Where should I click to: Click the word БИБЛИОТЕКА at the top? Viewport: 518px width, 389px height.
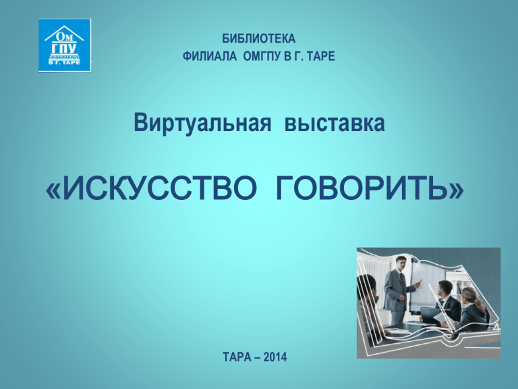[x=259, y=38]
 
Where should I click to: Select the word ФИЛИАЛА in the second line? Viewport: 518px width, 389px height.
[x=210, y=56]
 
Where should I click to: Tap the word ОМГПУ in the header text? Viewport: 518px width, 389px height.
[x=263, y=56]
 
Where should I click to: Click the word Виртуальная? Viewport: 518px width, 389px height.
[x=202, y=123]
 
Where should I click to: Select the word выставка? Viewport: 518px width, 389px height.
[x=335, y=123]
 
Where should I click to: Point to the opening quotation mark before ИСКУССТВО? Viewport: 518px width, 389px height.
[x=53, y=191]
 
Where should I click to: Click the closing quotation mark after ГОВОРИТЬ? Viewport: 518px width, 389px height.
[x=456, y=191]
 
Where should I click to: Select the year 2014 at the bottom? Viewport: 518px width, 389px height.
[x=275, y=357]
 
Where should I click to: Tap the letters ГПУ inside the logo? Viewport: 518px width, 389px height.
[x=64, y=49]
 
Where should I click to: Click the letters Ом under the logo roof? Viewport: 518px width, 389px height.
[x=64, y=36]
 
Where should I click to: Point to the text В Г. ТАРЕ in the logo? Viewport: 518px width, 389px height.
[x=64, y=62]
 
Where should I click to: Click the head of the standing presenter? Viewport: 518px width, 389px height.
[x=401, y=263]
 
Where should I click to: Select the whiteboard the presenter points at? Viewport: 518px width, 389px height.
[x=426, y=284]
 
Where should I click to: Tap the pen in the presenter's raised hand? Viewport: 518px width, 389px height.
[x=419, y=282]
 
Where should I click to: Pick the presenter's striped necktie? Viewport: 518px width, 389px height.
[x=401, y=280]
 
